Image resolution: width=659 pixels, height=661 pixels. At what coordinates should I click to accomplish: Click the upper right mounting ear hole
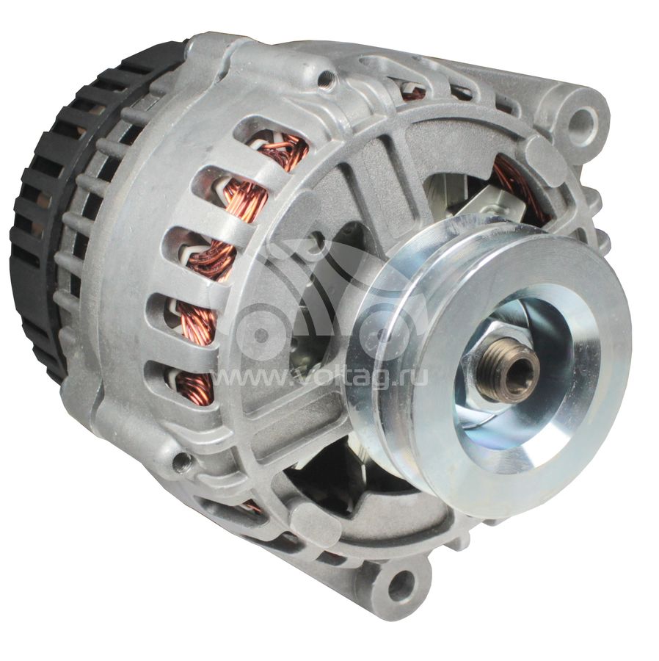(583, 118)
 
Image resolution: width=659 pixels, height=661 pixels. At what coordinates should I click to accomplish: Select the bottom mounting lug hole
(400, 584)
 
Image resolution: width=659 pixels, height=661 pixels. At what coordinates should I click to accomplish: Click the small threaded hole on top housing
(326, 78)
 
